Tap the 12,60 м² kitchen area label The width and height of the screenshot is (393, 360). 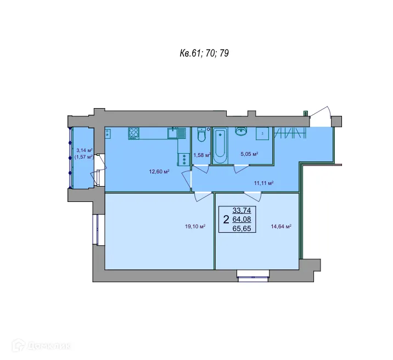(159, 172)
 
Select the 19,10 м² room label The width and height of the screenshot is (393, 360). (195, 226)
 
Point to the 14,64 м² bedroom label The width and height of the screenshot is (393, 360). (280, 226)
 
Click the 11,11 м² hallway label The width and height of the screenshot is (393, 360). (263, 183)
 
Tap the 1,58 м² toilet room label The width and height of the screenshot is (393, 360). (201, 155)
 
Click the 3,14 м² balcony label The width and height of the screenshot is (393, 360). (83, 150)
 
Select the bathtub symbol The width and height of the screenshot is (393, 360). (222, 145)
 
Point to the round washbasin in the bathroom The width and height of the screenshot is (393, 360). (241, 131)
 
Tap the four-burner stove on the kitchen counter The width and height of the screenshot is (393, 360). (133, 132)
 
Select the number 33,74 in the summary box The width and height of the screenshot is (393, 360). (240, 210)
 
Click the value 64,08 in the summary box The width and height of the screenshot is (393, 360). (240, 220)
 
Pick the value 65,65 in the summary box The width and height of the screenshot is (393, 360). (240, 229)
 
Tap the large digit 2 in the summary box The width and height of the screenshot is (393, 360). (226, 220)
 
